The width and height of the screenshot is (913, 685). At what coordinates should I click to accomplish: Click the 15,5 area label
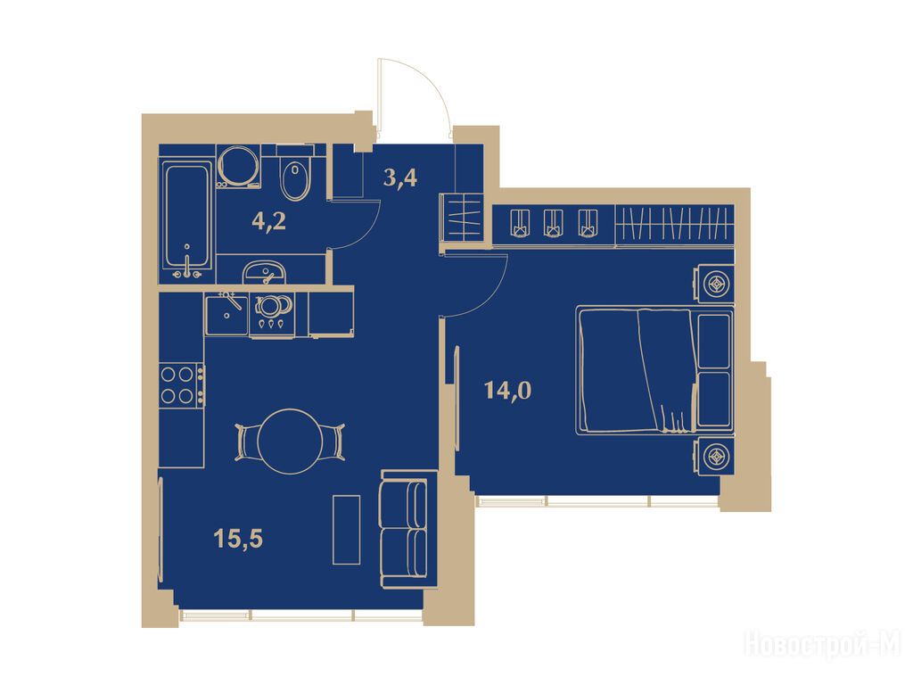[238, 539]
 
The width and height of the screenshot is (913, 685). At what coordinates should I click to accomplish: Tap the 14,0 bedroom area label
[507, 391]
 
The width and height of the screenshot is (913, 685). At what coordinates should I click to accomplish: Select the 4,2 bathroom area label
[268, 221]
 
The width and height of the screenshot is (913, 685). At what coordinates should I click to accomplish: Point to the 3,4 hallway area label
[400, 177]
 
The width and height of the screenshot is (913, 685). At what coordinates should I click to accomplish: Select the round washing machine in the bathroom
[238, 165]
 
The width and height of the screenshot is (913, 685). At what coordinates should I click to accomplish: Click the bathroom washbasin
[264, 273]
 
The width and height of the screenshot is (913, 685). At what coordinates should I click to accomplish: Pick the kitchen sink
[226, 313]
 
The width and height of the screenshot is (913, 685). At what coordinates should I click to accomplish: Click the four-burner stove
[182, 385]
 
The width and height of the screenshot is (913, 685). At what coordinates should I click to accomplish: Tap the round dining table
[290, 442]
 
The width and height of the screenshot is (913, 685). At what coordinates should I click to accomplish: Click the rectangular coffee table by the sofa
[347, 530]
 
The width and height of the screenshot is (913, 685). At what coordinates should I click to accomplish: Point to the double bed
[654, 371]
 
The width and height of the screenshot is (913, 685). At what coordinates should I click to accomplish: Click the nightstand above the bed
[713, 285]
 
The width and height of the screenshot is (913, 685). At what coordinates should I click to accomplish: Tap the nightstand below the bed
[713, 457]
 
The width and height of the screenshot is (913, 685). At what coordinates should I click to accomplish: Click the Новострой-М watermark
[823, 644]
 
